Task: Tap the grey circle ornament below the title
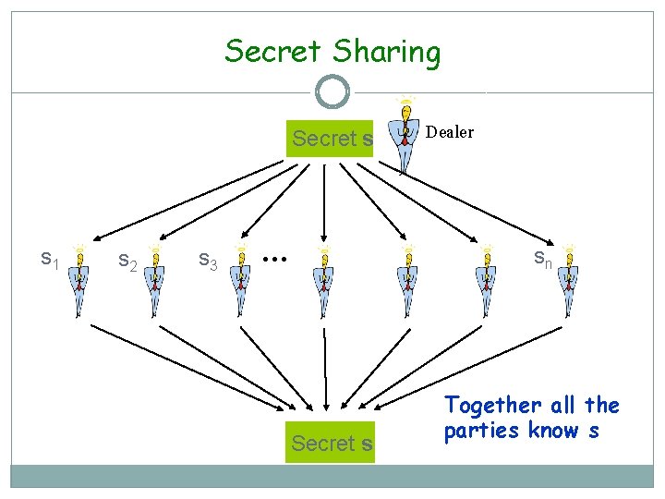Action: (332, 92)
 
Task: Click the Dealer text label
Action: (450, 132)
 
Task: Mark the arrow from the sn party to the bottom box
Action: (462, 364)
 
